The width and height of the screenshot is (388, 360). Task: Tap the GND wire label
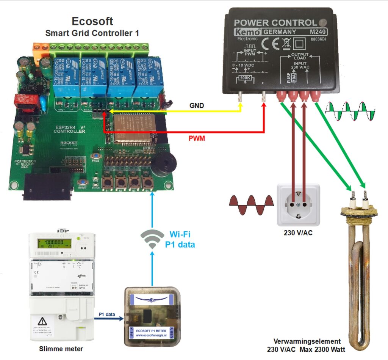pyautogui.click(x=196, y=106)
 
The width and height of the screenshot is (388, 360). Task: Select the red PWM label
pyautogui.click(x=197, y=138)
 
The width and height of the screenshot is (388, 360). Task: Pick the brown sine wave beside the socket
pyautogui.click(x=251, y=205)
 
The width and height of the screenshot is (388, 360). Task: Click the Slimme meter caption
pyautogui.click(x=56, y=349)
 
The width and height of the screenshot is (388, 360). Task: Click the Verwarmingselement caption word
pyautogui.click(x=303, y=341)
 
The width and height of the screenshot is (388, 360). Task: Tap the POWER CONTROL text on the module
pyautogui.click(x=275, y=23)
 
